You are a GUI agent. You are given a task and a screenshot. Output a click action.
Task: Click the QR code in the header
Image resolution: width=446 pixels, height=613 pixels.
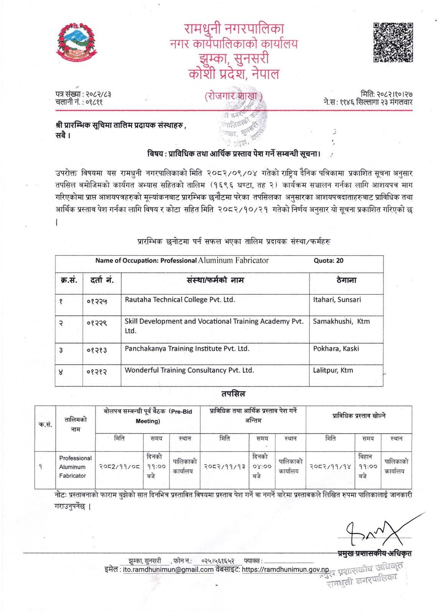pyautogui.click(x=393, y=42)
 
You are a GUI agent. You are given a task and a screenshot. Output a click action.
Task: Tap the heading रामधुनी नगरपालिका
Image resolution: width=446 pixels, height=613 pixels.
pyautogui.click(x=234, y=28)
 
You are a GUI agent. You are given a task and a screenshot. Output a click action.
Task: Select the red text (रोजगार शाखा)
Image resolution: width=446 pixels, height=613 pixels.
pyautogui.click(x=234, y=96)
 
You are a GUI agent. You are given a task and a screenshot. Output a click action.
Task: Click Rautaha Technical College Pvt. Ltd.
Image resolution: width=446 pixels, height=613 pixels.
pyautogui.click(x=180, y=300)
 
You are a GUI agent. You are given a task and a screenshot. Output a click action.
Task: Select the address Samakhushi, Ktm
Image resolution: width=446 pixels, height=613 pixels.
pyautogui.click(x=341, y=321)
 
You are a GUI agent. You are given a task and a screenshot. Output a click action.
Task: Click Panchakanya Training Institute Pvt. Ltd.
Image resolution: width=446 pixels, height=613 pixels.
pyautogui.click(x=187, y=349)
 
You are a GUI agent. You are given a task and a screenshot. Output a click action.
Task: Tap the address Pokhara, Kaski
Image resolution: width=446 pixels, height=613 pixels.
pyautogui.click(x=336, y=349)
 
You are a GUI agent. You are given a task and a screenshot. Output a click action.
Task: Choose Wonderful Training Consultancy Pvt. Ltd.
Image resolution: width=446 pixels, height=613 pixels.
pyautogui.click(x=189, y=370)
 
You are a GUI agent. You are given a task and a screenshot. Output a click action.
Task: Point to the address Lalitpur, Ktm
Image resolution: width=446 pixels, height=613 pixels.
pyautogui.click(x=333, y=370)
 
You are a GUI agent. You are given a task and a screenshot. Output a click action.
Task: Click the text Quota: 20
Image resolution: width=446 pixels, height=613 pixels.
pyautogui.click(x=328, y=261)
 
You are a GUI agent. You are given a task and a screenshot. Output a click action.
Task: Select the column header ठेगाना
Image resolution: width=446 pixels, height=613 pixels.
pyautogui.click(x=346, y=280)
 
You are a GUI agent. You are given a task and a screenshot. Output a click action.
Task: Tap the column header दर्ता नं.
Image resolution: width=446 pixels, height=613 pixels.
pyautogui.click(x=102, y=280)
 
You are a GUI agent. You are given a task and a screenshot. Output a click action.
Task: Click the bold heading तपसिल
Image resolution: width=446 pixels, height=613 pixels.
pyautogui.click(x=233, y=394)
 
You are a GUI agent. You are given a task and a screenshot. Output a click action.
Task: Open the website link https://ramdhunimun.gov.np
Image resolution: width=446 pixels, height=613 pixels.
pyautogui.click(x=285, y=570)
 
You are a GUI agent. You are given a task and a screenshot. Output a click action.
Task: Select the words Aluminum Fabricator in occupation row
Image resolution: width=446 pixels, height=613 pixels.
pyautogui.click(x=233, y=261)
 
